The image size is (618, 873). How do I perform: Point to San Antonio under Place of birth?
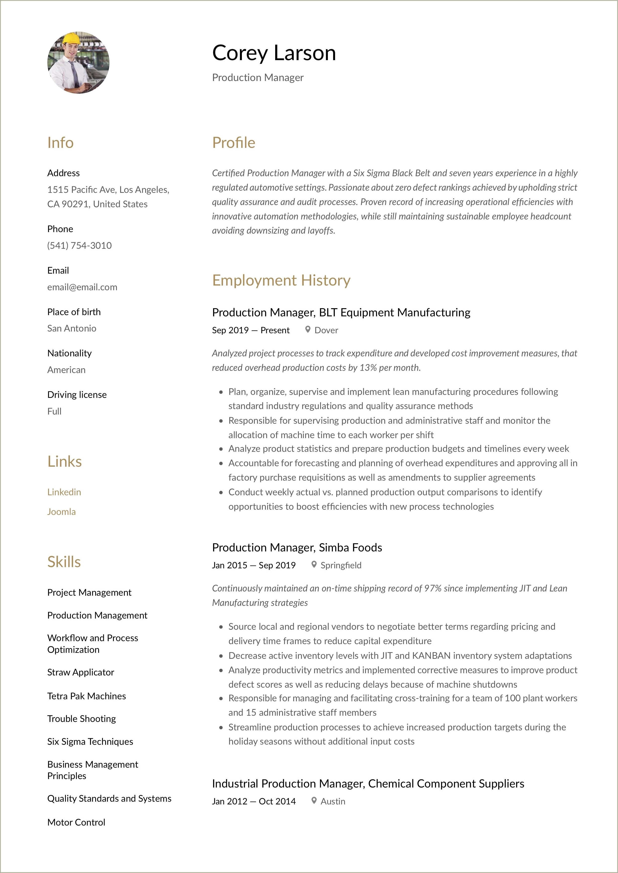pyautogui.click(x=72, y=328)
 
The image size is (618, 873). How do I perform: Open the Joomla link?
pyautogui.click(x=61, y=512)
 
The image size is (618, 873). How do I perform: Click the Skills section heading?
pyautogui.click(x=64, y=562)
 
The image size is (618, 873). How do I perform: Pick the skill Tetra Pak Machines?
pyautogui.click(x=86, y=696)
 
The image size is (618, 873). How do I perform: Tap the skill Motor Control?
pyautogui.click(x=76, y=822)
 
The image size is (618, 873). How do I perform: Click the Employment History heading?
pyautogui.click(x=281, y=280)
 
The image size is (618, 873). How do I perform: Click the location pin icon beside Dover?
pyautogui.click(x=308, y=330)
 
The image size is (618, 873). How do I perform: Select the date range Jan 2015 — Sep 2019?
pyautogui.click(x=254, y=565)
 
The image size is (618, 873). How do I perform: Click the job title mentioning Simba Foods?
pyautogui.click(x=297, y=547)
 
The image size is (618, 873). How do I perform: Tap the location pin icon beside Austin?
pyautogui.click(x=314, y=800)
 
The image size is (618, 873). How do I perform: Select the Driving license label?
pyautogui.click(x=77, y=394)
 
